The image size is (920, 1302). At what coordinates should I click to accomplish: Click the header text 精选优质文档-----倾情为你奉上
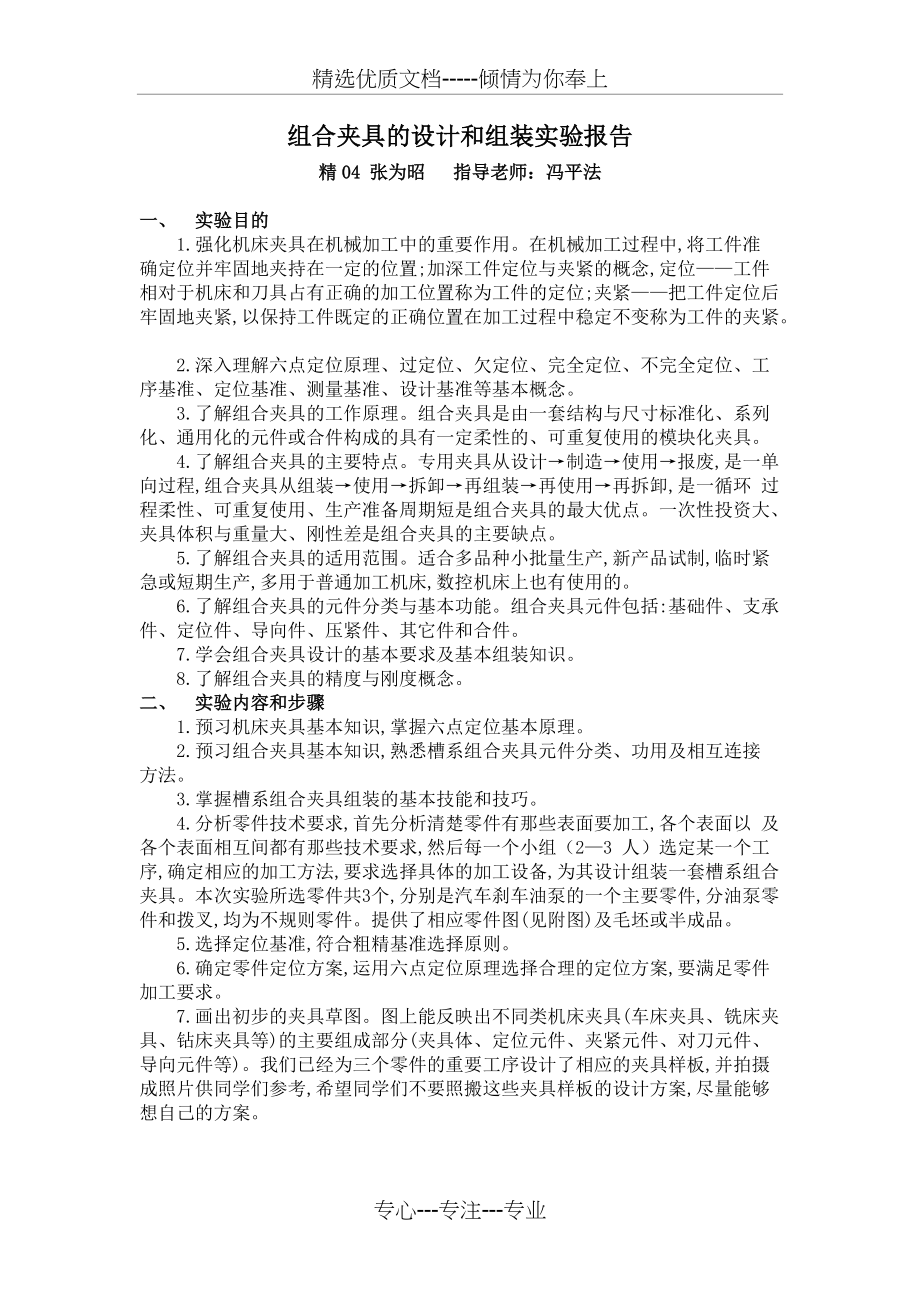(460, 79)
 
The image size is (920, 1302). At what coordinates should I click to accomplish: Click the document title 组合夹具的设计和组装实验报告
(460, 136)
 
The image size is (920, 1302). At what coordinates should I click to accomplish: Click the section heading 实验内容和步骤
(259, 703)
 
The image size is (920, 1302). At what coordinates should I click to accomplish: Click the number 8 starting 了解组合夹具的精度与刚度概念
(182, 679)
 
